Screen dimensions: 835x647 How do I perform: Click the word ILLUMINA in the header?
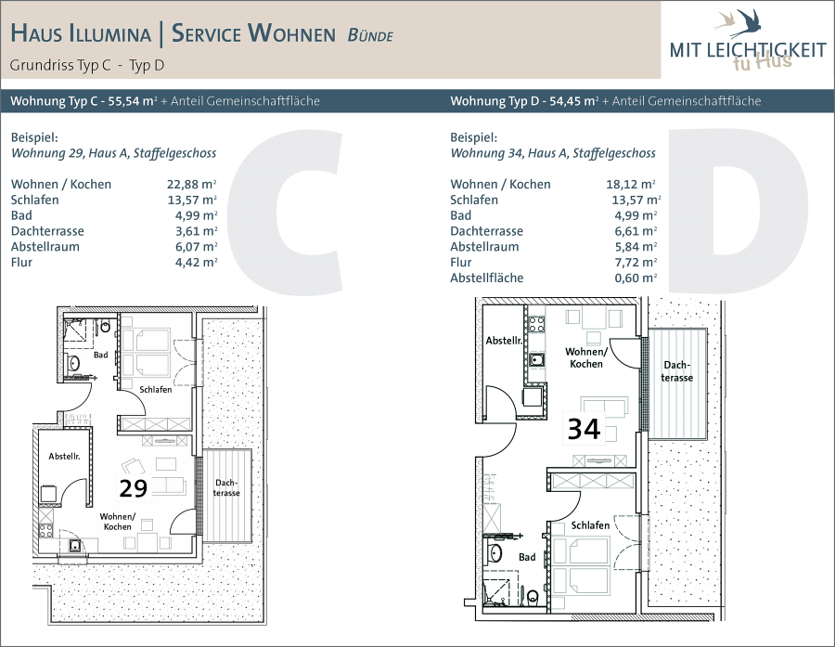pos(109,33)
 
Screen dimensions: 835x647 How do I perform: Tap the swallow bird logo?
pos(739,23)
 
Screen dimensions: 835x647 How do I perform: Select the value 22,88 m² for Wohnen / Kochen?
pos(192,185)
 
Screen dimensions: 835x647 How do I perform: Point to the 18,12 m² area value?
pos(631,185)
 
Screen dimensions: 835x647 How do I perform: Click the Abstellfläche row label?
pos(487,278)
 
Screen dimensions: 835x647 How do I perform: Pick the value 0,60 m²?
pos(636,278)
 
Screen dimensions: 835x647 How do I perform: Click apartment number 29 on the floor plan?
pos(133,488)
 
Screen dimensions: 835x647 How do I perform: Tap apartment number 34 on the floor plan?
pos(584,429)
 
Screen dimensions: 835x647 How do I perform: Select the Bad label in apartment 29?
pos(100,355)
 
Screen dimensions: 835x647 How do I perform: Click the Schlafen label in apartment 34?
pos(590,525)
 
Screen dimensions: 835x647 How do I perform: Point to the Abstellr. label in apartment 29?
pos(64,456)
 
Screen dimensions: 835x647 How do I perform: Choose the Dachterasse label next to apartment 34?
pos(677,371)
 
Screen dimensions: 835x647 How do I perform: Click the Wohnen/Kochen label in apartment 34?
pos(585,357)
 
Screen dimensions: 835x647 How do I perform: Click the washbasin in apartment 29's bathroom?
pos(73,364)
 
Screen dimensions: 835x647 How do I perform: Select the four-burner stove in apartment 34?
pos(535,324)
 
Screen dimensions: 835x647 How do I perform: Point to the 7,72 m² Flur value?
pos(636,262)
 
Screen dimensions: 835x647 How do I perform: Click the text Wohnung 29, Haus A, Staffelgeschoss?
pos(114,153)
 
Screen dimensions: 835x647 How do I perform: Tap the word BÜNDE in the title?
pos(370,35)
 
